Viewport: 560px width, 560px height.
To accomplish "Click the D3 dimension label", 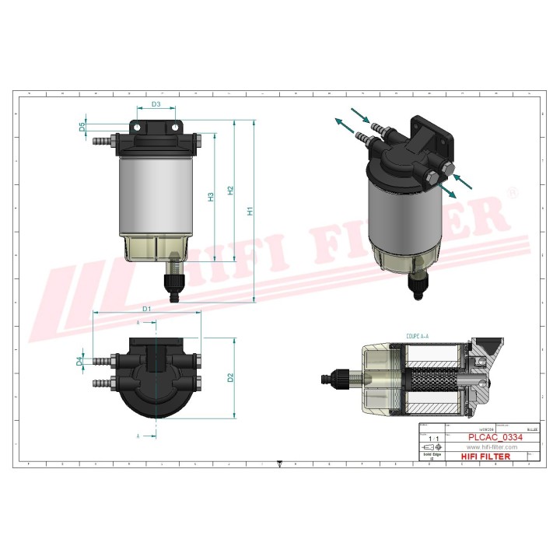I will point(156,103).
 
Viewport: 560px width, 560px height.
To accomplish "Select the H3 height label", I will point(211,198).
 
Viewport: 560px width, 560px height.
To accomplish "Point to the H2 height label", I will point(230,190).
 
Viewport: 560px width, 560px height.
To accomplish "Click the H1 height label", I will point(250,210).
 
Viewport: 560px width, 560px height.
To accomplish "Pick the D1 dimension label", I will point(146,308).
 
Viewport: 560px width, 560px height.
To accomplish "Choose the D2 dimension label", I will point(230,378).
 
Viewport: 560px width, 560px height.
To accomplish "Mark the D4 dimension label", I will point(79,362).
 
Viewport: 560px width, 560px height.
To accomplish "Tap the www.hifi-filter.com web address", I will point(492,447).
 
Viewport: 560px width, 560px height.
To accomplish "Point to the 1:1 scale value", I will point(432,439).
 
